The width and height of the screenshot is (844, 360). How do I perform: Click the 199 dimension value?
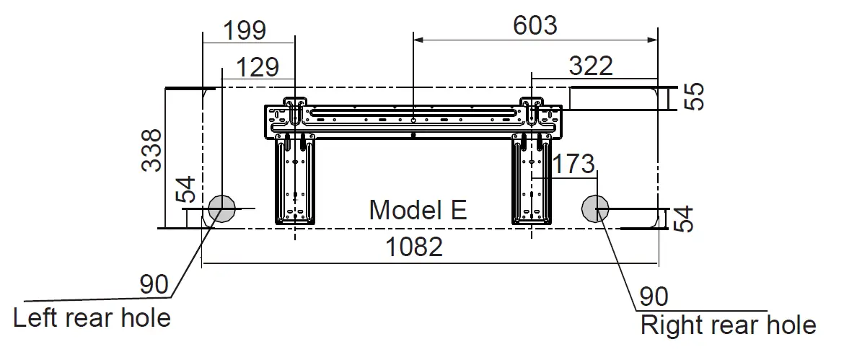245,30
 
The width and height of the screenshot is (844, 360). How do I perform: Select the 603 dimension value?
535,25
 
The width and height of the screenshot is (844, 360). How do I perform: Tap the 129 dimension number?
258,67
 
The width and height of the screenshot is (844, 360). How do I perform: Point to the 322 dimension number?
591,66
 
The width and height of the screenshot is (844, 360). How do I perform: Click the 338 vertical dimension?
151,150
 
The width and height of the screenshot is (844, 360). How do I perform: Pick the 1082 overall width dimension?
415,247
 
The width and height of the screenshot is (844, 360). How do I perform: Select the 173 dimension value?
573,164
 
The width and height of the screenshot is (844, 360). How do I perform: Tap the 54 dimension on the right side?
683,219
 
